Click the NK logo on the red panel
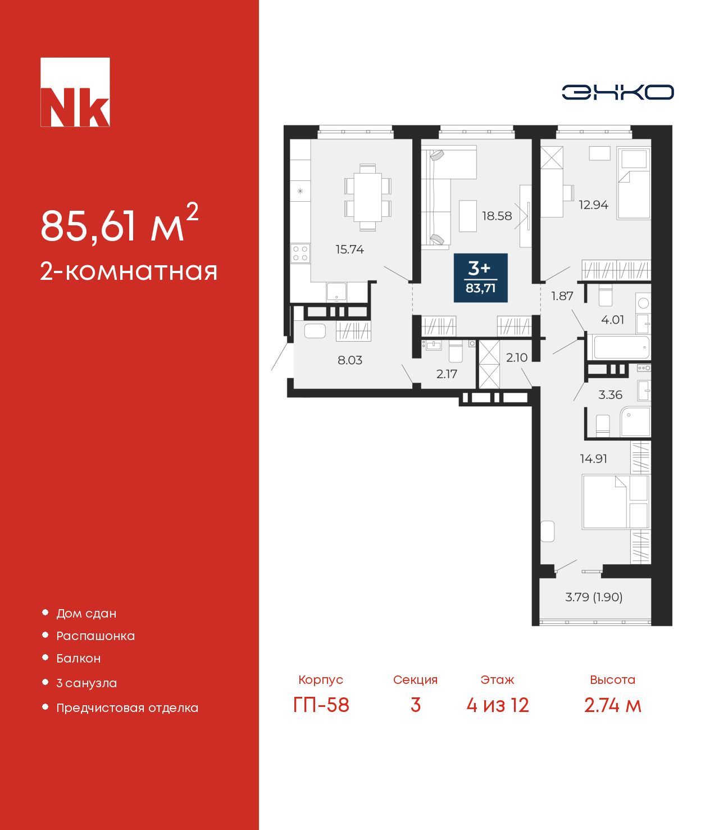75,92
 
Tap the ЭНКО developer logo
617,92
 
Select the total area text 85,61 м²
120,223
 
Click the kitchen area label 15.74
349,250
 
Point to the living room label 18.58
497,216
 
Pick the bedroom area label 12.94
593,205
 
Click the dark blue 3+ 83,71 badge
480,278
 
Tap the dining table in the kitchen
368,197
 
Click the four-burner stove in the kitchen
301,253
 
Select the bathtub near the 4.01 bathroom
621,347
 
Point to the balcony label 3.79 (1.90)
594,597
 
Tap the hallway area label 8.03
349,360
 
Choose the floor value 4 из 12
497,705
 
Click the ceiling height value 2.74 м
613,705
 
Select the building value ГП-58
321,705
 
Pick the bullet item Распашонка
95,636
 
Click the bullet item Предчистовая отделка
128,708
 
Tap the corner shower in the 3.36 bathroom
635,421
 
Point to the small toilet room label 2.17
447,374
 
